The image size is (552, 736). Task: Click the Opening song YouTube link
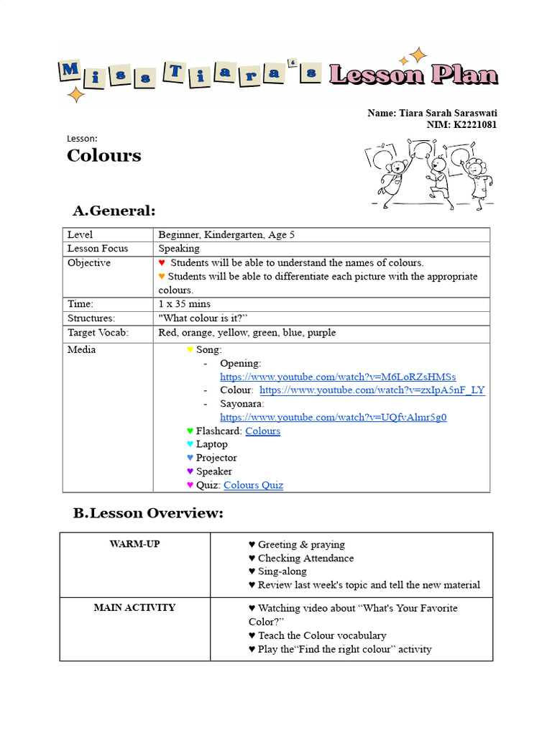pyautogui.click(x=338, y=377)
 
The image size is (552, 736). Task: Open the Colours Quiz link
pyautogui.click(x=253, y=485)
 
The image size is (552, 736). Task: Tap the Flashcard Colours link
pyautogui.click(x=262, y=431)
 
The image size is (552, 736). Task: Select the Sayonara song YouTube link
pyautogui.click(x=333, y=418)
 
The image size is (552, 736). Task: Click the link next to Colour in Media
pyautogui.click(x=372, y=390)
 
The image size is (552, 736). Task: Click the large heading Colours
pyautogui.click(x=104, y=156)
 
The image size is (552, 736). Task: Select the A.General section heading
pyautogui.click(x=114, y=211)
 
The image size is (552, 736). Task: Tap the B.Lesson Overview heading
pyautogui.click(x=148, y=513)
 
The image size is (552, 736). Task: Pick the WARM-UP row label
pyautogui.click(x=134, y=544)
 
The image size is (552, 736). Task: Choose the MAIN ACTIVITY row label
pyautogui.click(x=134, y=607)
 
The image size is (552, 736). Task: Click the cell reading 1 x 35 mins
pyautogui.click(x=185, y=304)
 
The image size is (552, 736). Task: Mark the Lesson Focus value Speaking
pyautogui.click(x=179, y=249)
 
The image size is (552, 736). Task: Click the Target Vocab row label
pyautogui.click(x=98, y=333)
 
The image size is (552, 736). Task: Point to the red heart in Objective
pyautogui.click(x=162, y=263)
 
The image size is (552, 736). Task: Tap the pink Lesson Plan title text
pyautogui.click(x=413, y=74)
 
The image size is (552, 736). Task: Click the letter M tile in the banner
pyautogui.click(x=70, y=70)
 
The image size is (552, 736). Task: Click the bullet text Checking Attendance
pyautogui.click(x=305, y=558)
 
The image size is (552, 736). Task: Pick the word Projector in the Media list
pyautogui.click(x=216, y=458)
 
